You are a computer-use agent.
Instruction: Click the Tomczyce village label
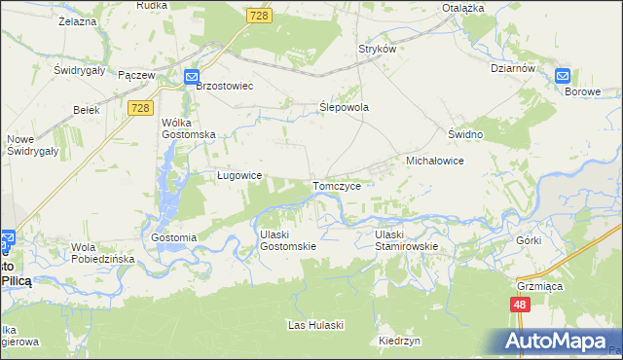(x=338, y=185)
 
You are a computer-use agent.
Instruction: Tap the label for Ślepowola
(x=345, y=108)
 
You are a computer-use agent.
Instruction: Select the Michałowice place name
(x=434, y=160)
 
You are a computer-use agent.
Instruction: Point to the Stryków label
(x=379, y=49)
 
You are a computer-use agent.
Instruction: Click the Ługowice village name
(x=238, y=175)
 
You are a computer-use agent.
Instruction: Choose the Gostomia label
(x=175, y=237)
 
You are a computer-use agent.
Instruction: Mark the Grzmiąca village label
(x=535, y=286)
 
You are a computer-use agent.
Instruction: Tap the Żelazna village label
(x=78, y=20)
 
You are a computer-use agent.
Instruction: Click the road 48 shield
(x=519, y=305)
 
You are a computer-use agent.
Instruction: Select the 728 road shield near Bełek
(x=139, y=108)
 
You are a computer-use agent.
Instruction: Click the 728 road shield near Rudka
(x=258, y=17)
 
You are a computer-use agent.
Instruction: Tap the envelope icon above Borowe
(x=563, y=76)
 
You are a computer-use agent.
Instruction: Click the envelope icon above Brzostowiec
(x=193, y=78)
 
